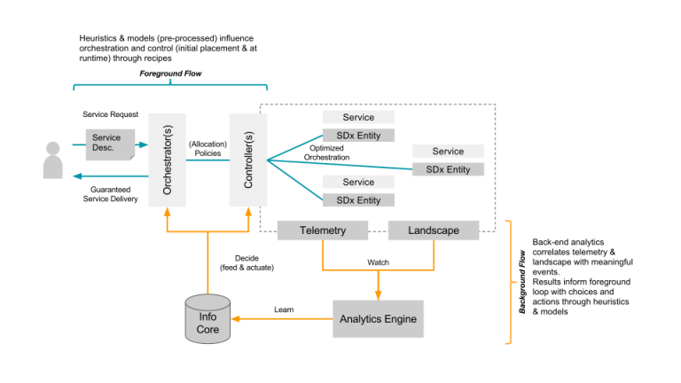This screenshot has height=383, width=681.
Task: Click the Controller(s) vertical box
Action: (x=248, y=160)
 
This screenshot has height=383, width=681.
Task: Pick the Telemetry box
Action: (x=323, y=231)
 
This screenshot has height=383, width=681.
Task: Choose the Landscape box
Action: (x=434, y=231)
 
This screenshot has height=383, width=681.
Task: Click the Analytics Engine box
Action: (x=378, y=318)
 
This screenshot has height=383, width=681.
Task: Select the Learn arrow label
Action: (x=284, y=309)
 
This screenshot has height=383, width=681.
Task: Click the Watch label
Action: (x=378, y=262)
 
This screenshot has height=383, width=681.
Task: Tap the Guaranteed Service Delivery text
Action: (x=114, y=193)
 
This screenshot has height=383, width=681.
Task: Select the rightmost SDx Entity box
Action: (x=448, y=169)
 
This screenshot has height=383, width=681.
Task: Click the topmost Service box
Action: (x=358, y=117)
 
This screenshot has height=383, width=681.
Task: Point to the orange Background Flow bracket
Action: (x=508, y=282)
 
